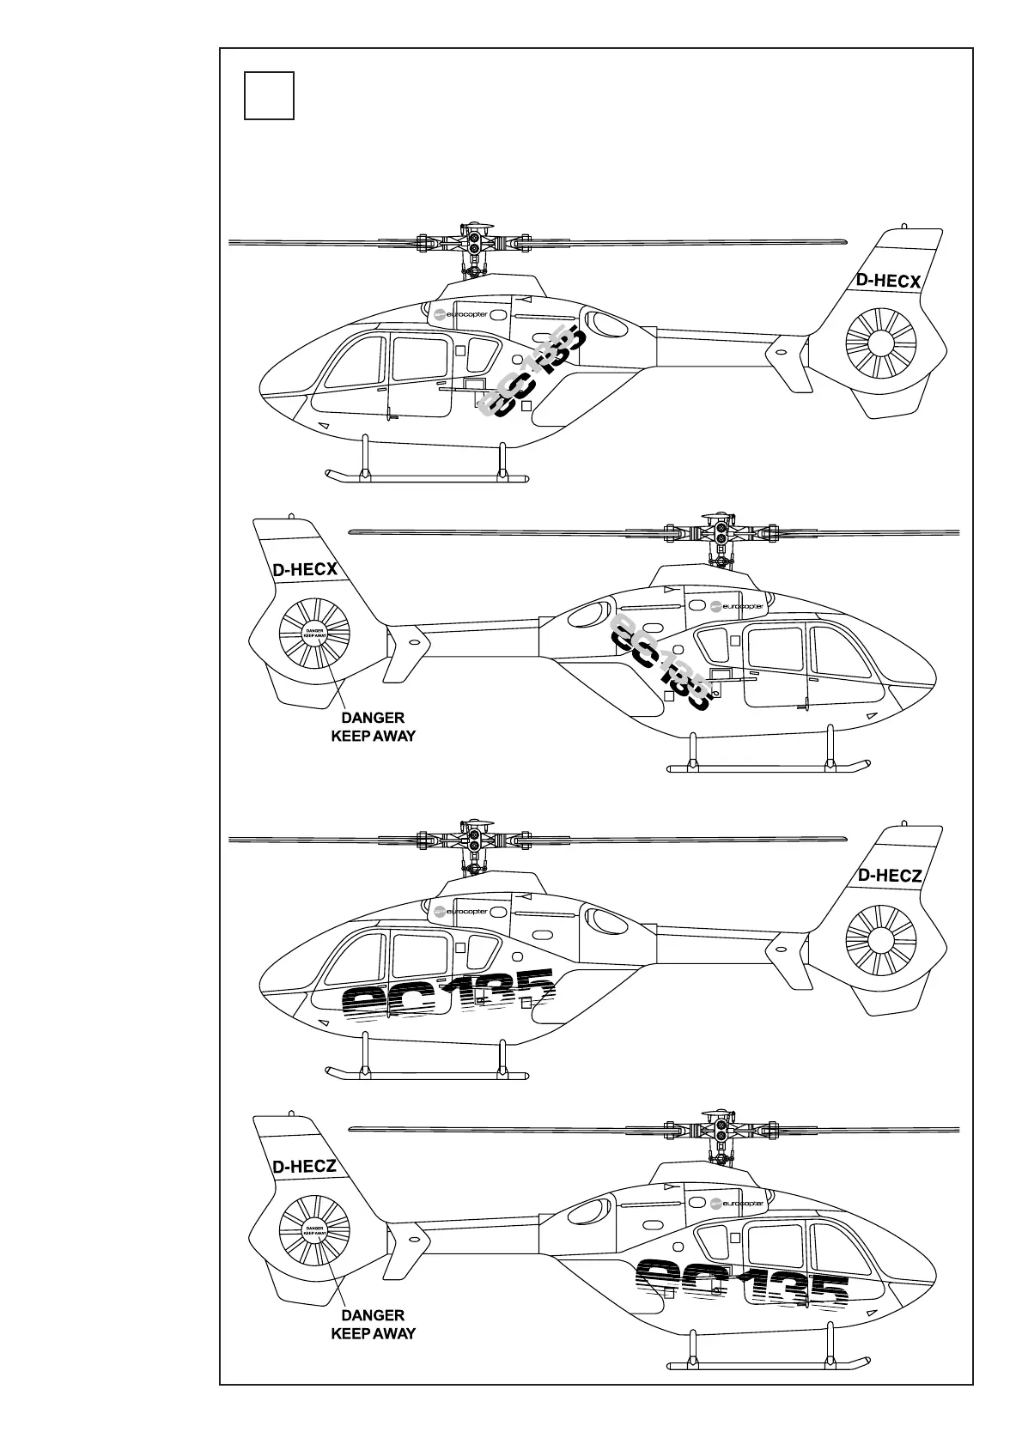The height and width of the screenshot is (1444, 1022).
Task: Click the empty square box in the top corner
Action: pyautogui.click(x=269, y=95)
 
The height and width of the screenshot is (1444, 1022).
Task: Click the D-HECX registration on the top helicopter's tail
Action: pyautogui.click(x=888, y=282)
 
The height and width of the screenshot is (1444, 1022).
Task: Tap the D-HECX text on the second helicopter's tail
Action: pyautogui.click(x=304, y=570)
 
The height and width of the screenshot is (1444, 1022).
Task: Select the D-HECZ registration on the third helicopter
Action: pyautogui.click(x=890, y=876)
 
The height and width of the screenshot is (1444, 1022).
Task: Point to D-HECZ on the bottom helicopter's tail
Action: pyautogui.click(x=304, y=1167)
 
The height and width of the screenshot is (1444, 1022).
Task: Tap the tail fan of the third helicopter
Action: pyautogui.click(x=881, y=939)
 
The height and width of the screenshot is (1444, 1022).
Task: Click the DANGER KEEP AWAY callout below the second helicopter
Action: pyautogui.click(x=373, y=726)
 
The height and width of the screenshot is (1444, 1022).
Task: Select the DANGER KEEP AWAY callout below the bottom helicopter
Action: pyautogui.click(x=373, y=1324)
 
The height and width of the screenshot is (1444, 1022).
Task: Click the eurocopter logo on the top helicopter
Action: pyautogui.click(x=460, y=314)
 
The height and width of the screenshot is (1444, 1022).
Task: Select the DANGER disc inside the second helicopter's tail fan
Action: pyautogui.click(x=314, y=634)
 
